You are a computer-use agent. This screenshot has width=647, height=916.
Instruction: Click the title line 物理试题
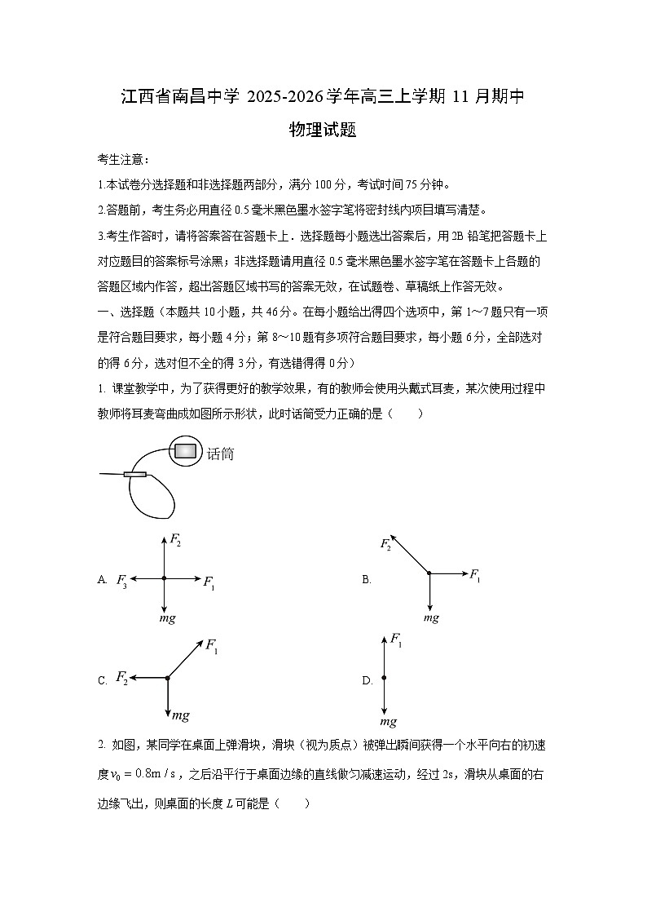(x=323, y=130)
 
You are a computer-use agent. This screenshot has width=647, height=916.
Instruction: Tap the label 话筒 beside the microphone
(x=220, y=454)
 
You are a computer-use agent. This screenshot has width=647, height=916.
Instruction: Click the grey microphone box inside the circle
(x=187, y=449)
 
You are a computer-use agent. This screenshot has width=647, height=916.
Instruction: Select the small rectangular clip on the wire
(x=134, y=474)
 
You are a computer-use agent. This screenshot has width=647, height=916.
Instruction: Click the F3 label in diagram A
(x=121, y=580)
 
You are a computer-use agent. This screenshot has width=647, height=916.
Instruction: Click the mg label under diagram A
(x=167, y=618)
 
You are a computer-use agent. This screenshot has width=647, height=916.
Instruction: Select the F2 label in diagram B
(x=385, y=544)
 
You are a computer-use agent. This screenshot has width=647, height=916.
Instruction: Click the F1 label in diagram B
(x=474, y=574)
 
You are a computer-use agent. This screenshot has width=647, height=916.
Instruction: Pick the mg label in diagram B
(x=431, y=617)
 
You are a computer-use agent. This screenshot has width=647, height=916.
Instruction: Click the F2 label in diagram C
(x=122, y=677)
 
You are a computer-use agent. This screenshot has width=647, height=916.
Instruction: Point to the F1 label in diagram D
(x=396, y=640)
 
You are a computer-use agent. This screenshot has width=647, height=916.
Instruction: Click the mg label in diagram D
(x=389, y=721)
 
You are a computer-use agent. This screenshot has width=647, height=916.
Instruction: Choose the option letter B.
(x=367, y=580)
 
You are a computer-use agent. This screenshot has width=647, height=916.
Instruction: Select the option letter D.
(x=367, y=680)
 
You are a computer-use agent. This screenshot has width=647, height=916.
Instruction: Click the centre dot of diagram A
(x=164, y=578)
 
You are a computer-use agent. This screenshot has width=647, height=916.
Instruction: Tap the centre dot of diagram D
(x=383, y=678)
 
